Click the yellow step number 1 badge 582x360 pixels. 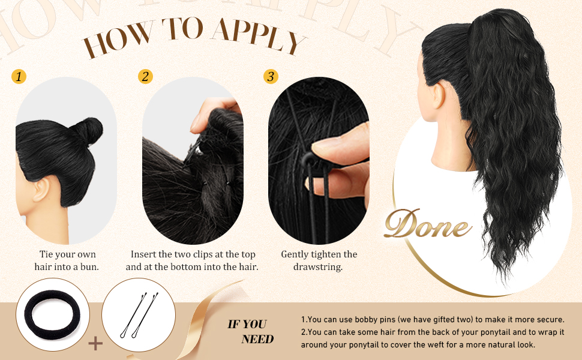click(x=19, y=76)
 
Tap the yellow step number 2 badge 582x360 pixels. click(x=145, y=76)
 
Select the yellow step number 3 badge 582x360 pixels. click(x=271, y=76)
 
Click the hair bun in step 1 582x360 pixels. click(x=89, y=131)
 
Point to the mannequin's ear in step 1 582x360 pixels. click(x=41, y=189)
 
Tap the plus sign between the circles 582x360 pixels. click(x=95, y=343)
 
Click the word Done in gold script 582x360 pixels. click(x=428, y=224)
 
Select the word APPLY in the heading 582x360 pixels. click(x=259, y=35)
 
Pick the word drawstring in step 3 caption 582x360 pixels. click(x=318, y=267)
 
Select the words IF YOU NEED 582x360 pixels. click(x=251, y=331)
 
